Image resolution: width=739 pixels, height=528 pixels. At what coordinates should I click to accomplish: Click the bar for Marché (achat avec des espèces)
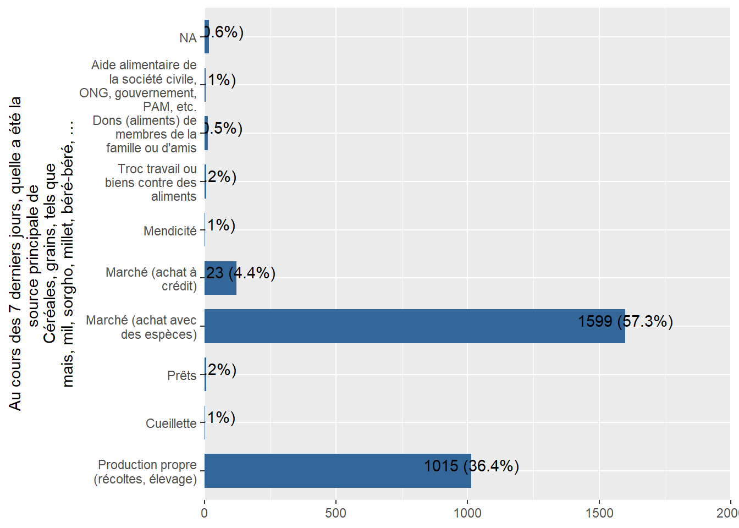(415, 326)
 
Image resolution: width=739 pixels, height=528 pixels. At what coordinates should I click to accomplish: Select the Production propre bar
(338, 471)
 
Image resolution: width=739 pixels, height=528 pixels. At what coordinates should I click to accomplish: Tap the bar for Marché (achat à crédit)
(220, 278)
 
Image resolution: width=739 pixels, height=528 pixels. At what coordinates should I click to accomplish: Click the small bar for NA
(207, 37)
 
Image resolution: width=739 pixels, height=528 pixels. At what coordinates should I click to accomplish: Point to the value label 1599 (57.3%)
(625, 321)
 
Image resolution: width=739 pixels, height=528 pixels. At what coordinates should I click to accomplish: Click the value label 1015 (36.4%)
(471, 466)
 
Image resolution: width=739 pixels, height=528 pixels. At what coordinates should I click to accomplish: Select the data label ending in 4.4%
(241, 273)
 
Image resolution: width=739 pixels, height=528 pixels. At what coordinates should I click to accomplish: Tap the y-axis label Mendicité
(170, 231)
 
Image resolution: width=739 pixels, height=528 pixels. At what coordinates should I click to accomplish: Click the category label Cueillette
(171, 424)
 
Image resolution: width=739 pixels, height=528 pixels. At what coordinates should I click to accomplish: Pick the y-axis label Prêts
(181, 376)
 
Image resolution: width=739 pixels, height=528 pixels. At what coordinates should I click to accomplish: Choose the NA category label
(187, 38)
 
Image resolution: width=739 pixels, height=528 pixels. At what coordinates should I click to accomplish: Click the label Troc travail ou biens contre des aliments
(151, 183)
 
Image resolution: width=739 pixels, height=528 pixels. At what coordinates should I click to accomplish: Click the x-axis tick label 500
(335, 513)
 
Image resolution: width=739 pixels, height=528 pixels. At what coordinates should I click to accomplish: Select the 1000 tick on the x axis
(467, 513)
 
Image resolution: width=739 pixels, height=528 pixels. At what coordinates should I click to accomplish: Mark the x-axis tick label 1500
(599, 513)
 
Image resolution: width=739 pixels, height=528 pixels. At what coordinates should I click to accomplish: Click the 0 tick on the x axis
(205, 513)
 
